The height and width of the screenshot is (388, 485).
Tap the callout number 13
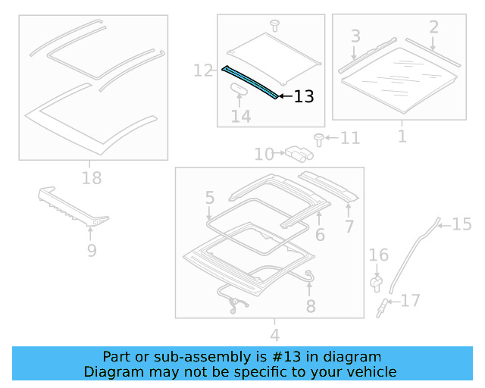(303, 97)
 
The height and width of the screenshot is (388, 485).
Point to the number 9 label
(92, 249)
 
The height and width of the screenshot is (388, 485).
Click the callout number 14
(241, 117)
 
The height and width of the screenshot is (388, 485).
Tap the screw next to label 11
(320, 138)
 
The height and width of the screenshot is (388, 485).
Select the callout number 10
(264, 155)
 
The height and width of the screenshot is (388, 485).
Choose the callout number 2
(433, 28)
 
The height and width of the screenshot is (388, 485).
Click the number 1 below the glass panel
(402, 137)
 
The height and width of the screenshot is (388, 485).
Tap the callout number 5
(210, 199)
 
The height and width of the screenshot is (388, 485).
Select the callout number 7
(349, 226)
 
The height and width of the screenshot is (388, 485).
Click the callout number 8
(310, 306)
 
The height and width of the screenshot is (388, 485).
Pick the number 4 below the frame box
(274, 335)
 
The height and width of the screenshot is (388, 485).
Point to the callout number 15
(462, 224)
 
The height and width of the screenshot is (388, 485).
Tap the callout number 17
(409, 301)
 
